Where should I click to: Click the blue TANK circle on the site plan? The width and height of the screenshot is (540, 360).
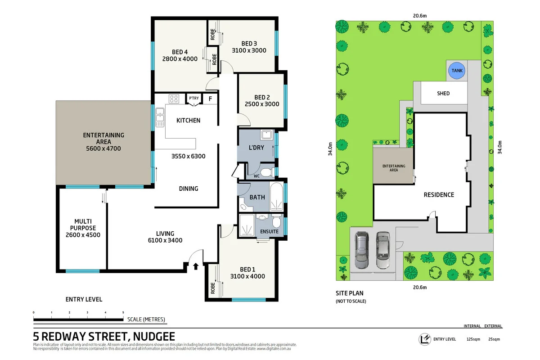pyautogui.click(x=457, y=71)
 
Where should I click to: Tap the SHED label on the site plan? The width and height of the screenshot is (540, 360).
pyautogui.click(x=443, y=94)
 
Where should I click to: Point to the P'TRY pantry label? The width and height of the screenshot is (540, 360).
pyautogui.click(x=194, y=98)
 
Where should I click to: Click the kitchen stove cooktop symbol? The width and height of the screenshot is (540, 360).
pyautogui.click(x=174, y=99)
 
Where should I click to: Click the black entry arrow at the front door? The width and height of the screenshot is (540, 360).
pyautogui.click(x=196, y=266)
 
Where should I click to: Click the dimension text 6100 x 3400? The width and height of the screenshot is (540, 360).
pyautogui.click(x=165, y=240)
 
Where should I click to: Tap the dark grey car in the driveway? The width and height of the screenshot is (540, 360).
pyautogui.click(x=362, y=249)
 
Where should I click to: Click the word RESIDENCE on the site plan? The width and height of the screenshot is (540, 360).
pyautogui.click(x=439, y=195)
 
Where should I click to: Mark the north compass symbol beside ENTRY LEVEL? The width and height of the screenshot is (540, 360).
pyautogui.click(x=423, y=339)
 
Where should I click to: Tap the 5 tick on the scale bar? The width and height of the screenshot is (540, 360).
pyautogui.click(x=123, y=312)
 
